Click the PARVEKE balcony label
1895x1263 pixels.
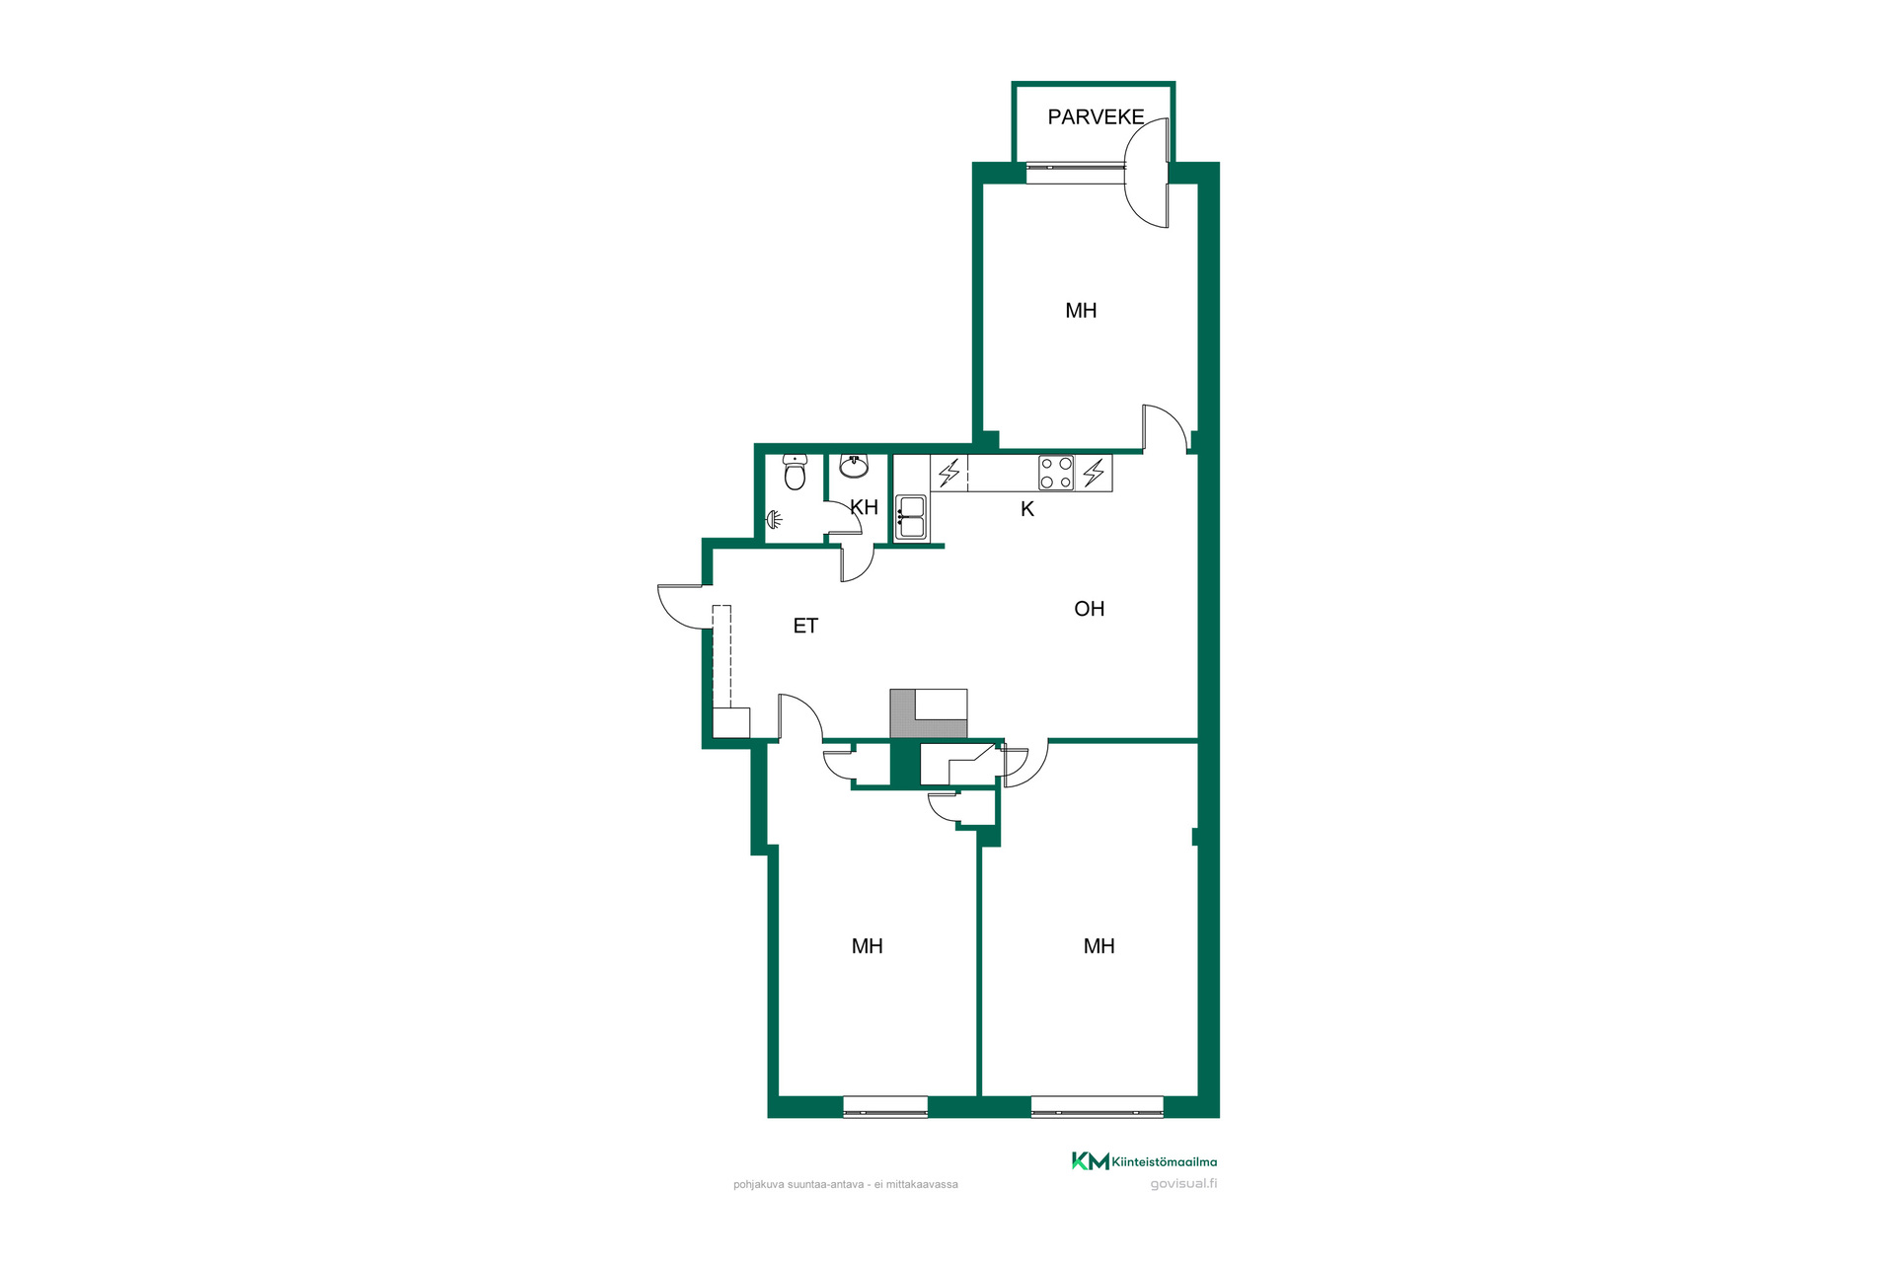point(1096,117)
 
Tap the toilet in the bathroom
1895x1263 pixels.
point(795,473)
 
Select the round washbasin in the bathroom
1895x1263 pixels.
point(854,466)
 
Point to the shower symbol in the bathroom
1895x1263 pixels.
point(775,519)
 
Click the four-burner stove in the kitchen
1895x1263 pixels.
point(1056,473)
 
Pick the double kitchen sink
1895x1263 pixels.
point(911,518)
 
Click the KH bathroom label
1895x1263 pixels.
point(865,507)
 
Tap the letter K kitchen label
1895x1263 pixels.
point(1027,509)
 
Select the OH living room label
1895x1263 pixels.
point(1090,609)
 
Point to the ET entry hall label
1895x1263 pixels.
point(805,626)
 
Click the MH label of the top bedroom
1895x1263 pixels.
point(1081,311)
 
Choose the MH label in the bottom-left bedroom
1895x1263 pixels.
point(868,946)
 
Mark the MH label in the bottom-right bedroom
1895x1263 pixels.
point(1099,946)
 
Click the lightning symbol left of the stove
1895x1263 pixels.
point(949,473)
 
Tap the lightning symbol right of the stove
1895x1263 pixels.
point(1094,473)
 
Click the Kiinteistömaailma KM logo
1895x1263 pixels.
point(1145,1161)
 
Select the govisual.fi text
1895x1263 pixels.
point(1183,1184)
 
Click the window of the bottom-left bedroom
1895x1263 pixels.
point(885,1107)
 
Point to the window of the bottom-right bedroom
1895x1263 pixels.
point(1097,1107)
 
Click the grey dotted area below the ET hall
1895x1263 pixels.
point(903,714)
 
